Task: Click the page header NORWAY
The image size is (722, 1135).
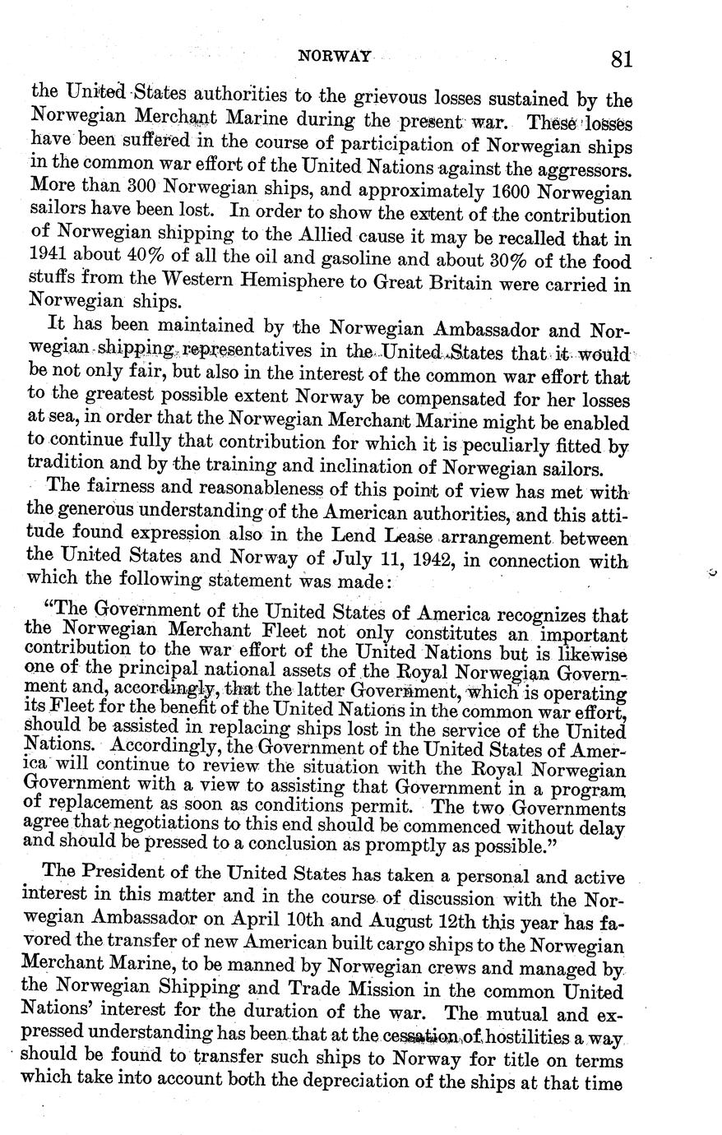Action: (334, 57)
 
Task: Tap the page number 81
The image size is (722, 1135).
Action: (621, 59)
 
